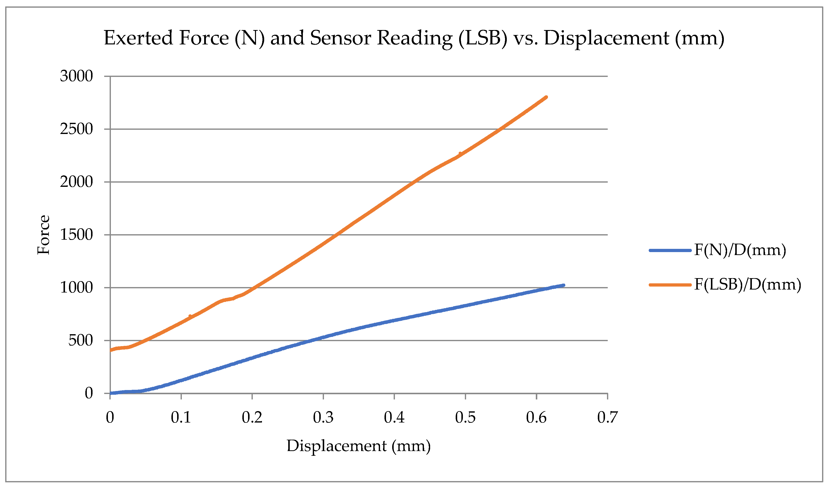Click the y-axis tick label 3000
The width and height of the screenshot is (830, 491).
pyautogui.click(x=76, y=76)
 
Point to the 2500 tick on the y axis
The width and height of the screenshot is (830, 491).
pyautogui.click(x=76, y=129)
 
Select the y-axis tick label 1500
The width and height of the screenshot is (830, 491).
pyautogui.click(x=76, y=235)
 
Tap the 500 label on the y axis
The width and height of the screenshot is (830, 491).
pyautogui.click(x=81, y=340)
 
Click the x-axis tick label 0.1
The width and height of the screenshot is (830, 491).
pyautogui.click(x=181, y=418)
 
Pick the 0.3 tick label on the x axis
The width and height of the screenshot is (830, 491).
pyautogui.click(x=323, y=418)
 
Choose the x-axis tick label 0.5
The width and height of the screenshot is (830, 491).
pyautogui.click(x=465, y=418)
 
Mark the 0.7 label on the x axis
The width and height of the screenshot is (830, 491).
pyautogui.click(x=607, y=418)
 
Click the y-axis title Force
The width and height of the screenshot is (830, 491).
pyautogui.click(x=43, y=235)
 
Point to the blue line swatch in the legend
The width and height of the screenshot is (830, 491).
pyautogui.click(x=670, y=251)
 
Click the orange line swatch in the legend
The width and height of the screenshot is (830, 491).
pyautogui.click(x=670, y=285)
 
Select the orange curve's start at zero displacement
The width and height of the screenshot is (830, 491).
pyautogui.click(x=110, y=350)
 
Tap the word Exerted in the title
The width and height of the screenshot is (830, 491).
pyautogui.click(x=138, y=38)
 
